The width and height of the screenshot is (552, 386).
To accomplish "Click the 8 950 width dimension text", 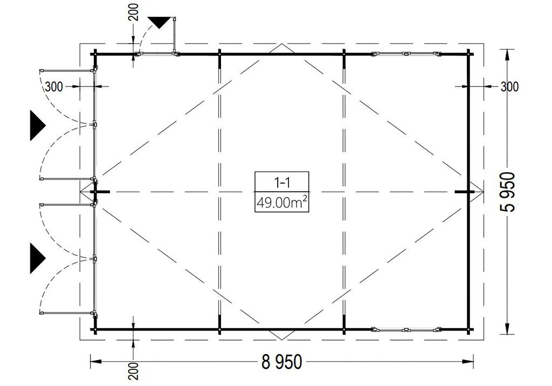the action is pos(281,362).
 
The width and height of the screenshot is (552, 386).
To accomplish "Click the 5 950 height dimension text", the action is pos(507,192).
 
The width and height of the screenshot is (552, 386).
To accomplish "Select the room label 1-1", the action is pos(282,182).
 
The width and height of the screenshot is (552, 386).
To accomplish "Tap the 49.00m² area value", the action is pos(281,202).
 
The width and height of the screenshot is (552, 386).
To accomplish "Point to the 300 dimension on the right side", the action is pos(510,86).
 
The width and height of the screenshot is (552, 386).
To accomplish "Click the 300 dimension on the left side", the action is pos(54,86).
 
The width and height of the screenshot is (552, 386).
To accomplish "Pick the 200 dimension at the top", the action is pos(134,12).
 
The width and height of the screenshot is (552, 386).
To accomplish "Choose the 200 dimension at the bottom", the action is pos(134,371).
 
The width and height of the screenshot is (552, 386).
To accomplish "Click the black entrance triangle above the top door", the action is pos(159,22).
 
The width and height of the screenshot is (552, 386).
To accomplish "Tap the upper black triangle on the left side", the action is pos(37,125).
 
